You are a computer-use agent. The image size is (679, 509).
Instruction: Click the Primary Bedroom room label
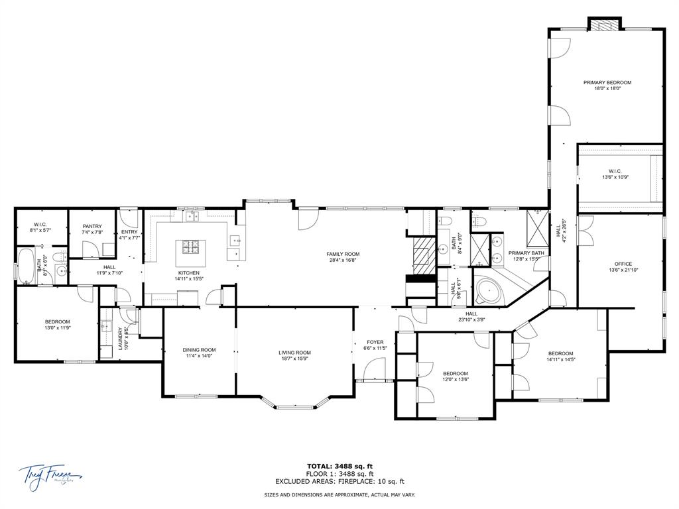tap(607, 85)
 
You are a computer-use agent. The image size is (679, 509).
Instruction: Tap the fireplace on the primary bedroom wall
tap(605, 25)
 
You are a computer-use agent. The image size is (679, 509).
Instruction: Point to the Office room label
tap(620, 266)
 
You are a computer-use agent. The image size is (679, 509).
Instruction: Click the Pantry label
tap(92, 229)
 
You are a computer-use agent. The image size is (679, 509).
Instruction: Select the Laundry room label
tap(121, 339)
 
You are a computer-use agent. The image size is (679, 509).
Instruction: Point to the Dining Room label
tap(200, 353)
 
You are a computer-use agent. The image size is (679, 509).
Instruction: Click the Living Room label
tap(294, 355)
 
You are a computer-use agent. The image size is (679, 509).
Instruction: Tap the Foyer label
tap(375, 345)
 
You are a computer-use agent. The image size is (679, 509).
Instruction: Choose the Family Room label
tap(342, 257)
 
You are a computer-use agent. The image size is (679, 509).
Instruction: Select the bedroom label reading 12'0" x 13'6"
tap(455, 376)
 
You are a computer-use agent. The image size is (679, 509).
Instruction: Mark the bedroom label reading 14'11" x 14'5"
tap(560, 357)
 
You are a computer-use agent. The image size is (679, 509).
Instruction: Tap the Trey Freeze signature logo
tap(50, 476)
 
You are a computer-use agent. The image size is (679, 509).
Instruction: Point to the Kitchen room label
tap(188, 276)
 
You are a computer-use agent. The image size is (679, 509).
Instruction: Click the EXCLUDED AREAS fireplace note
tap(339, 482)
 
